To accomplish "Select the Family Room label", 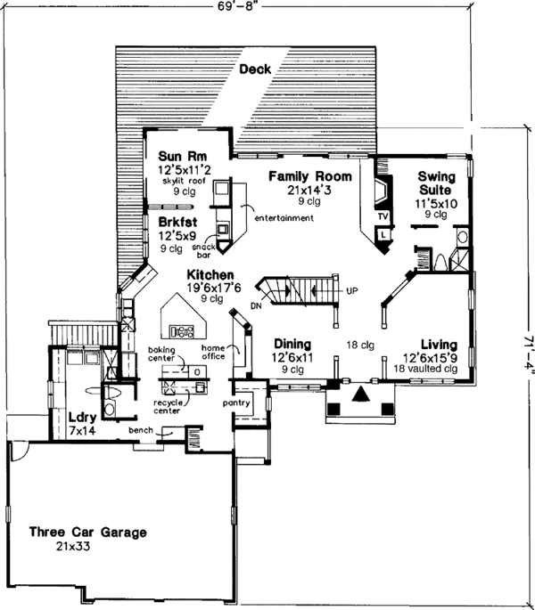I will click(309, 175).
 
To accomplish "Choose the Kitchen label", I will click(210, 275).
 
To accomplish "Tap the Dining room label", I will click(292, 344).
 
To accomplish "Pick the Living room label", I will click(439, 344).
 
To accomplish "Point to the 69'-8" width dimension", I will click(243, 8).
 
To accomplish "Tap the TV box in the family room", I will click(383, 216).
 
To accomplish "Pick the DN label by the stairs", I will click(256, 305).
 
